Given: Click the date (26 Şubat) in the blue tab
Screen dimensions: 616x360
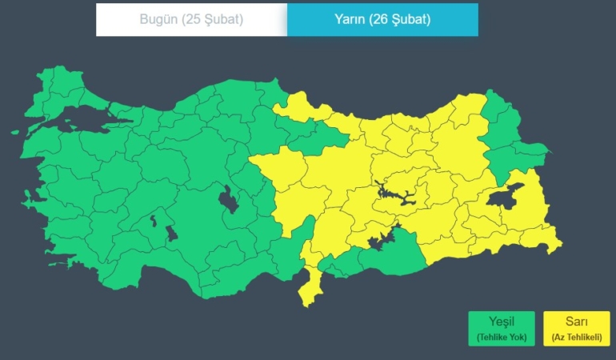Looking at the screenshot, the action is pyautogui.click(x=400, y=19).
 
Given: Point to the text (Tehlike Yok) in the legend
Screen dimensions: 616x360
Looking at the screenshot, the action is pyautogui.click(x=501, y=338).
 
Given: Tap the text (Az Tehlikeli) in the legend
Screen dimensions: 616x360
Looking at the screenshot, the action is pyautogui.click(x=575, y=338).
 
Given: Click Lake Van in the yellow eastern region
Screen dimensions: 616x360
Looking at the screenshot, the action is pyautogui.click(x=506, y=197).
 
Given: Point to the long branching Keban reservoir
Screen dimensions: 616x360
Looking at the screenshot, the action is pyautogui.click(x=392, y=194).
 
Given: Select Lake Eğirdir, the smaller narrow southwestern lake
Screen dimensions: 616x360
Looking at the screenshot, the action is pyautogui.click(x=154, y=219).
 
